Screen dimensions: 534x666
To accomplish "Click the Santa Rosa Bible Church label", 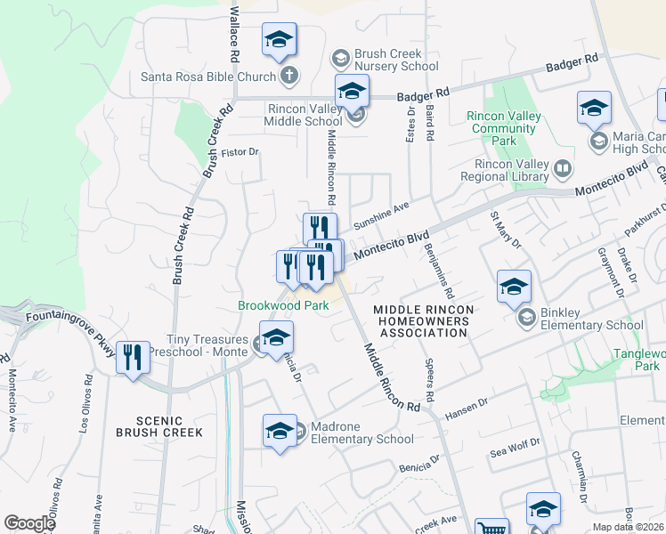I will [209, 76].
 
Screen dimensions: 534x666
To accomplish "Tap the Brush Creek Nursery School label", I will [395, 60].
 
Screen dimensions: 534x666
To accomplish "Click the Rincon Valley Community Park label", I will [504, 128].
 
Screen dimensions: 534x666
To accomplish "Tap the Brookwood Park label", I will [283, 305].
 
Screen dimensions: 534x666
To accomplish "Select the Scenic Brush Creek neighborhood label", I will [159, 426].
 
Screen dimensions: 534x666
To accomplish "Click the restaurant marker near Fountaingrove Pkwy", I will [133, 359].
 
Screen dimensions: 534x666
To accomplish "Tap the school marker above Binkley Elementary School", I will [514, 287].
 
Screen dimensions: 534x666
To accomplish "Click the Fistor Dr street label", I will [240, 152].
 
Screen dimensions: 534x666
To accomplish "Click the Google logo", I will [29, 523].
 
